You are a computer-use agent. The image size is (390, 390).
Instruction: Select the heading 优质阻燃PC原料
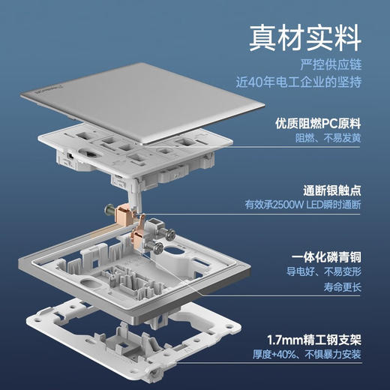(328, 122)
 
